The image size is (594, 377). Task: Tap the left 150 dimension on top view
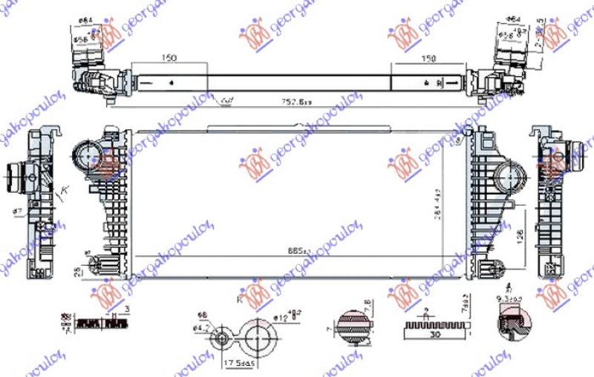(170, 59)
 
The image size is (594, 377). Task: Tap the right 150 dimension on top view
(429, 59)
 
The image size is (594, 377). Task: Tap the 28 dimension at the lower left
(77, 272)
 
